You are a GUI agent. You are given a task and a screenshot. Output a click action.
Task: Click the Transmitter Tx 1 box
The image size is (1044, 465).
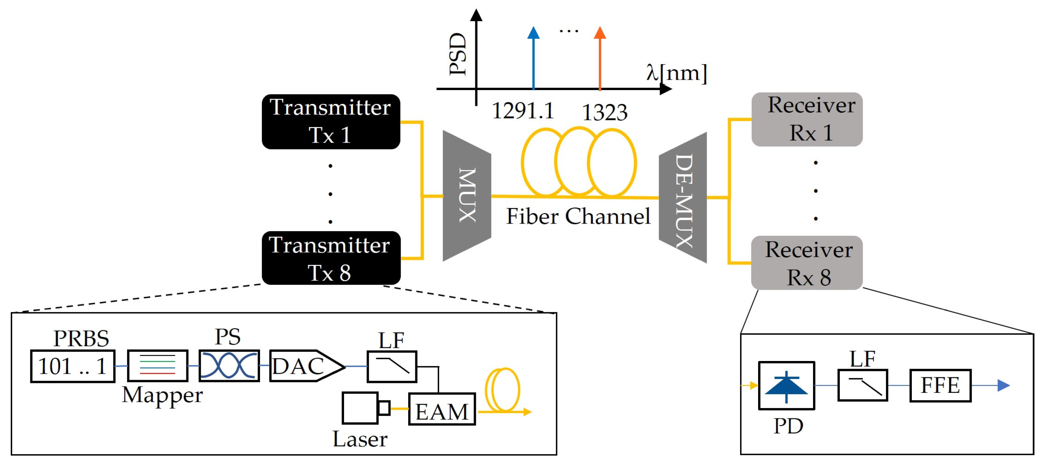(331, 122)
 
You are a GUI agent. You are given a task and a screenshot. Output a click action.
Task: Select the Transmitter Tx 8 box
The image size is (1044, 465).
(331, 258)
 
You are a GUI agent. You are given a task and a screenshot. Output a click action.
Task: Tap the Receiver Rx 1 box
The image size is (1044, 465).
(807, 119)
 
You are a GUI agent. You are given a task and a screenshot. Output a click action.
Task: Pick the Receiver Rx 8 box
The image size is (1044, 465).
(807, 263)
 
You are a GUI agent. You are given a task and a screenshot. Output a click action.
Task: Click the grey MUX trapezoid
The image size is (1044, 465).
(467, 196)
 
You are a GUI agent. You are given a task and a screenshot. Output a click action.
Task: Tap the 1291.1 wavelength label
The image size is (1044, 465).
(523, 110)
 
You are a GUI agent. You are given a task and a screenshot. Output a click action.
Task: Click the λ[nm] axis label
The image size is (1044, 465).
(676, 73)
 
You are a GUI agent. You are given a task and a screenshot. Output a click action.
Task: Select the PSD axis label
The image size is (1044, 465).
(458, 54)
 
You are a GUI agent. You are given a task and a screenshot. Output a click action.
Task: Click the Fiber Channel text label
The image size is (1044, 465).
(578, 216)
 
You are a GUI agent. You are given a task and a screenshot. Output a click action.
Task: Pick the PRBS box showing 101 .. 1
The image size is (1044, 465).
(72, 366)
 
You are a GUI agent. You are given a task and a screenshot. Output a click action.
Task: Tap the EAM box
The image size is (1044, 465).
(442, 410)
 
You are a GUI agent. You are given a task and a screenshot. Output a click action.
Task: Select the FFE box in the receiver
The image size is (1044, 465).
(940, 386)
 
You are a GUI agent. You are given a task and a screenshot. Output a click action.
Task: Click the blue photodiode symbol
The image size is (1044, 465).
(786, 386)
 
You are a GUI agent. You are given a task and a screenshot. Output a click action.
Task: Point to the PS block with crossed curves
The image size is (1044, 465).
(229, 366)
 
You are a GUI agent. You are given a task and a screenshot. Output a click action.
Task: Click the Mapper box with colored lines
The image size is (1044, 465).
(158, 366)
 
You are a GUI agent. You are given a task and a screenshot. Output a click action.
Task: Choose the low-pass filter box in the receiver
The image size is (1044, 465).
(863, 386)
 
